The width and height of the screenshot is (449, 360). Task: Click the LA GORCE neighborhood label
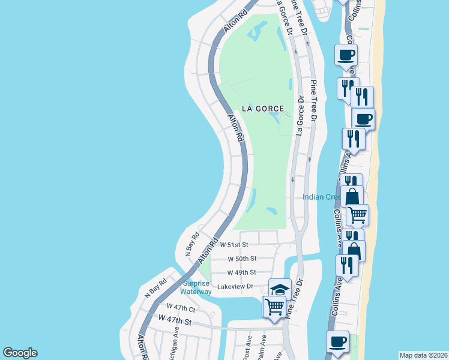click(262, 109)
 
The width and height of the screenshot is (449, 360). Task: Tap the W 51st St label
click(234, 245)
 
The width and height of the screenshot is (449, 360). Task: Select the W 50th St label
click(242, 259)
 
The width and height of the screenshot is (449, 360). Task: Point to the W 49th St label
click(242, 272)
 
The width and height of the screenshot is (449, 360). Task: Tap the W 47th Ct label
click(181, 308)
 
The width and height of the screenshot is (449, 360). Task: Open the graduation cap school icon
click(279, 289)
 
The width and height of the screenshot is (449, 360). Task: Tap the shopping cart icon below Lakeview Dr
click(274, 306)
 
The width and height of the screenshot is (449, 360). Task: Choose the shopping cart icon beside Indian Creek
click(357, 214)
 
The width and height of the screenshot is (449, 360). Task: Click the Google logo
click(20, 353)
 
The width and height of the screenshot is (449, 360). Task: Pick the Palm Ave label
click(263, 345)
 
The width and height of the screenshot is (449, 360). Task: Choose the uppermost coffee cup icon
click(346, 55)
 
